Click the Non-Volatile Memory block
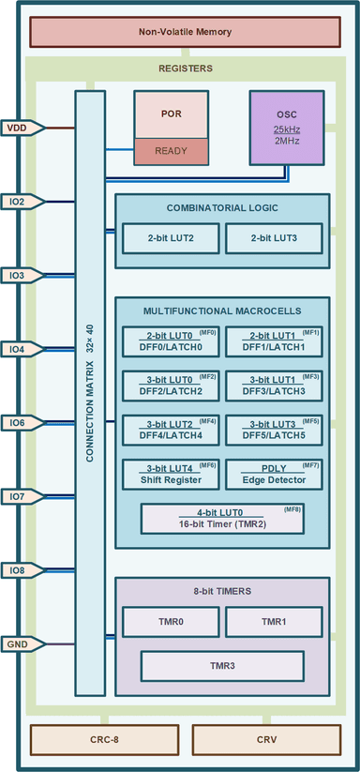(x=185, y=32)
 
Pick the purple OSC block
(x=286, y=128)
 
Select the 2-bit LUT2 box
(x=170, y=238)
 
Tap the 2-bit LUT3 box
(x=274, y=238)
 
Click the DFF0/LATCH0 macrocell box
(x=170, y=341)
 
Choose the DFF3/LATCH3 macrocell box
(x=274, y=385)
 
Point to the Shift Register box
(x=170, y=474)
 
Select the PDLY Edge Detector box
(x=274, y=474)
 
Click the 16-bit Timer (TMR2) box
(x=222, y=518)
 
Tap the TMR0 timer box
(x=170, y=622)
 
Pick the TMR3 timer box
(x=222, y=665)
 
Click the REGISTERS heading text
(x=185, y=68)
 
